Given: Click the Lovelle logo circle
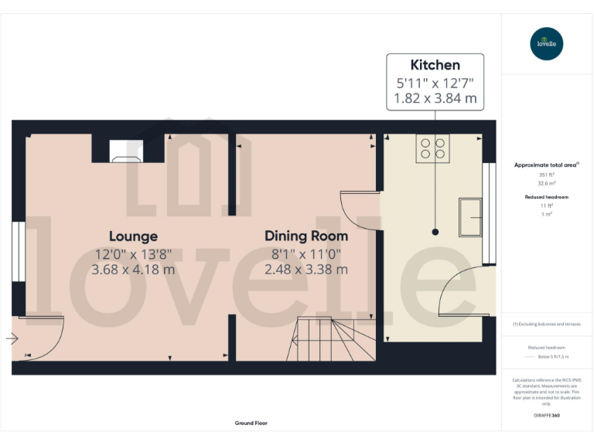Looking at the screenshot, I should click(548, 43).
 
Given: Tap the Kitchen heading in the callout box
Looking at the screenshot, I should click(435, 66).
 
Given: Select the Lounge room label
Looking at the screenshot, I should click(133, 236).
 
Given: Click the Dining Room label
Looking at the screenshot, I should click(306, 236).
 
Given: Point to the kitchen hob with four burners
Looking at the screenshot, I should click(433, 148).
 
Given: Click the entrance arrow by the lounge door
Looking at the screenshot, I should click(12, 338).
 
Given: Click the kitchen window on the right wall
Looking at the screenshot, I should click(489, 213).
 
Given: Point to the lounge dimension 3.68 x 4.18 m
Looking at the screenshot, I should click(133, 270).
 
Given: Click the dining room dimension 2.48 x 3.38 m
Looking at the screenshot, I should click(306, 270).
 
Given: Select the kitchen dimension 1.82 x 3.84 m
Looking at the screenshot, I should click(435, 99).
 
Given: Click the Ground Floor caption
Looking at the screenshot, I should click(251, 423).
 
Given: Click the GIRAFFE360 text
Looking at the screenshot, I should click(547, 416).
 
